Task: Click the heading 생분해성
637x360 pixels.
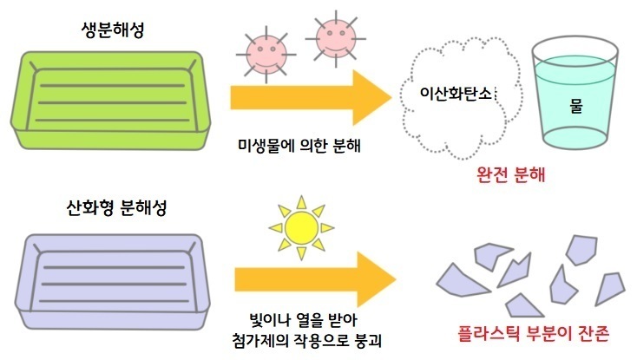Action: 113,30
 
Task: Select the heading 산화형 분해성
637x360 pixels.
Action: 116,208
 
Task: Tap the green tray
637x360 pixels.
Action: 110,101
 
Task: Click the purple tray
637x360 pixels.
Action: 113,282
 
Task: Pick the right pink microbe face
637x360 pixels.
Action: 336,38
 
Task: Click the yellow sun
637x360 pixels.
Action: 301,227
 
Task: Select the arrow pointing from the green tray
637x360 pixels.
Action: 311,97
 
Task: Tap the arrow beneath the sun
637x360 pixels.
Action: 315,279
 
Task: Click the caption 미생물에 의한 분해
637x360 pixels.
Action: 299,145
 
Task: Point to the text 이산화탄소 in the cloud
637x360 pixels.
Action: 456,93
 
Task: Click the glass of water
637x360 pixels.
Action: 575,95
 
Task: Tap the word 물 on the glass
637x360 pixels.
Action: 576,106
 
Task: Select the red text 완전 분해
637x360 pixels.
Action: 510,174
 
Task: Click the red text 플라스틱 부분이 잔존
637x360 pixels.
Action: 534,334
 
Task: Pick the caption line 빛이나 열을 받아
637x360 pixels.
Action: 304,320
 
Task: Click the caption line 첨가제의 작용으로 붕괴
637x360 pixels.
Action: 306,340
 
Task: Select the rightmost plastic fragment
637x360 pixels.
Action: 610,289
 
